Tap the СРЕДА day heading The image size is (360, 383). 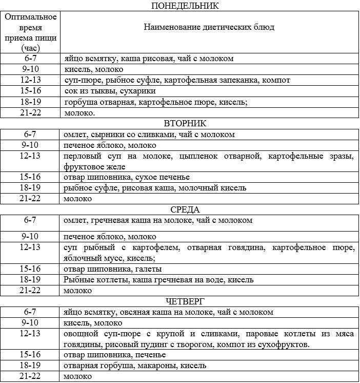click(184, 209)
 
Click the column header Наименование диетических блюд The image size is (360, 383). click(208, 27)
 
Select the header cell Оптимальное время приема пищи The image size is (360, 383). click(30, 32)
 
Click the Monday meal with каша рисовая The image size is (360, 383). click(149, 59)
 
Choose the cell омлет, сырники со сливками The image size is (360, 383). click(149, 135)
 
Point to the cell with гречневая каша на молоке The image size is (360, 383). click(158, 220)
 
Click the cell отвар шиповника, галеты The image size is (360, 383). click(113, 269)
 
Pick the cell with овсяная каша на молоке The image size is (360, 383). click(168, 312)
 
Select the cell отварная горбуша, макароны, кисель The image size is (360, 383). click(135, 366)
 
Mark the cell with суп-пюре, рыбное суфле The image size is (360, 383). click(177, 80)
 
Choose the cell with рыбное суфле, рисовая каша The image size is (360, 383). click(155, 188)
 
